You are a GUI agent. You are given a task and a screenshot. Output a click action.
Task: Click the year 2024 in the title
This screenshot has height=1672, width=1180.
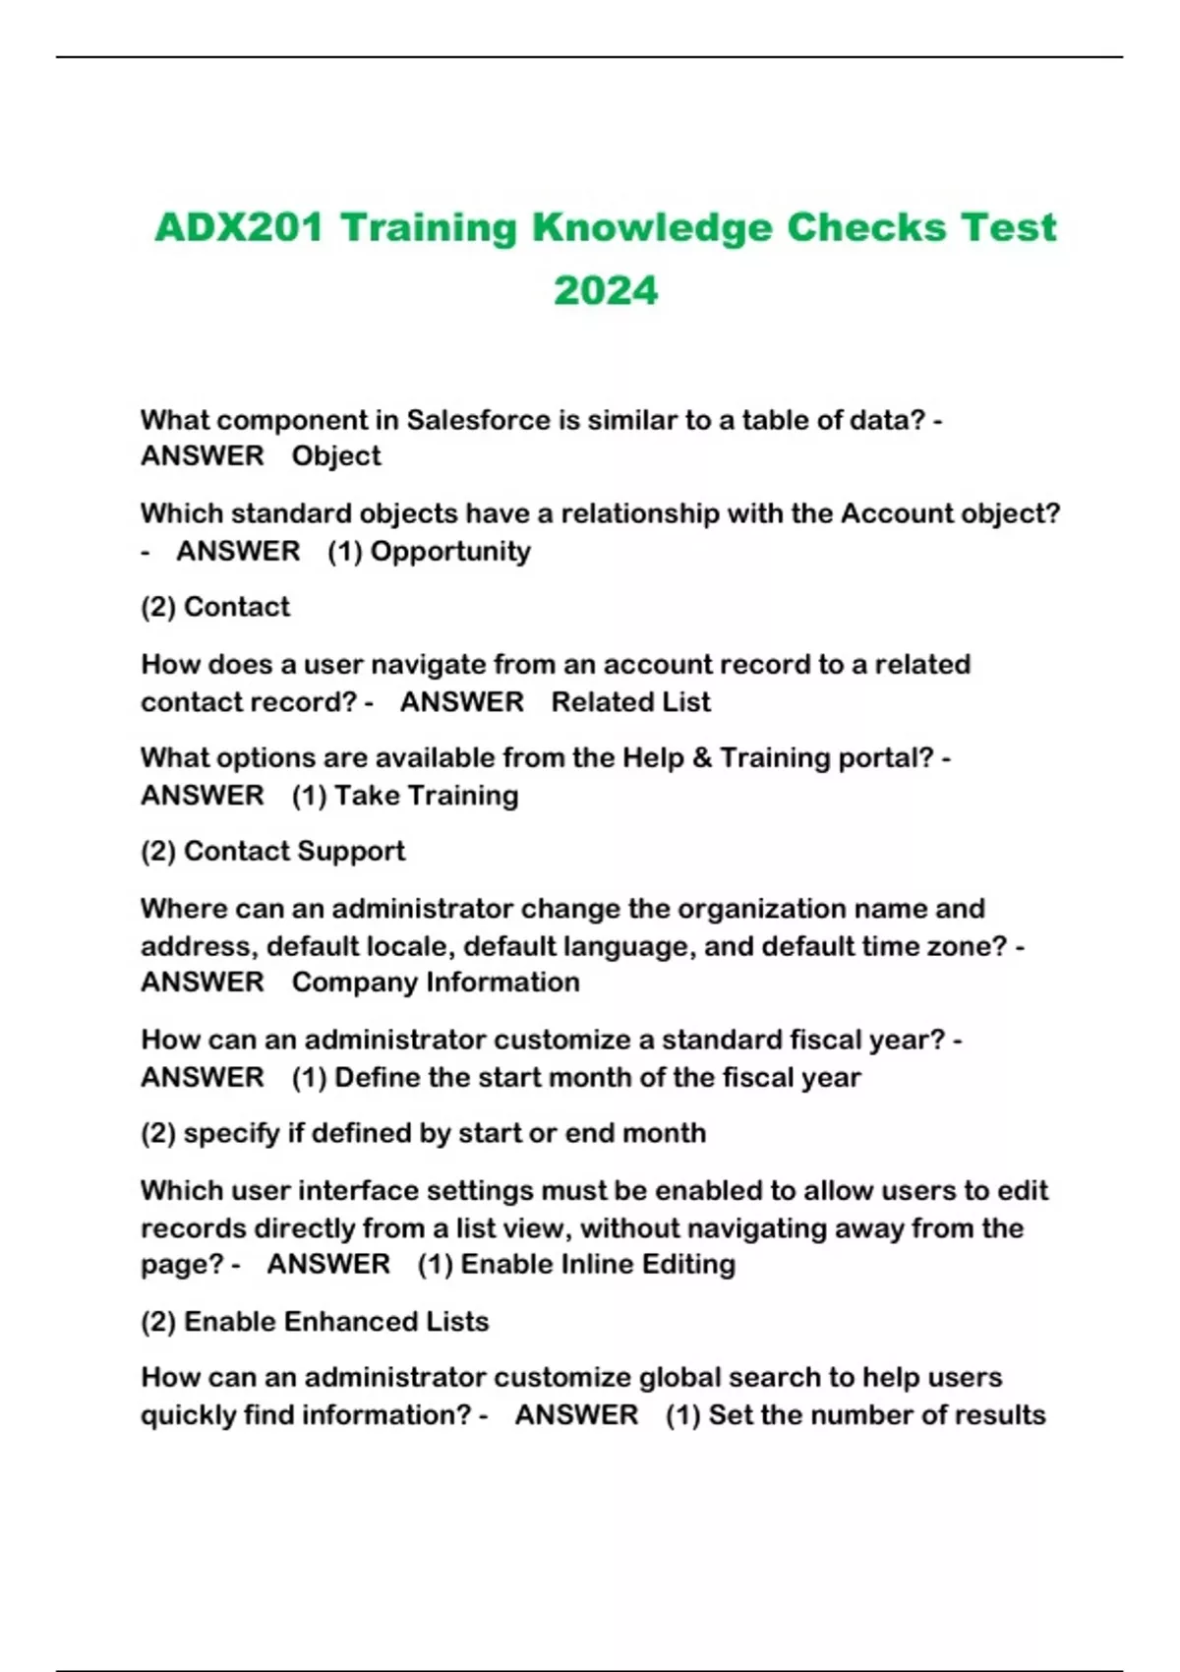point(605,290)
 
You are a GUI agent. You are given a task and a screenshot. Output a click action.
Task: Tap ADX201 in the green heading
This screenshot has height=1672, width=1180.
point(239,227)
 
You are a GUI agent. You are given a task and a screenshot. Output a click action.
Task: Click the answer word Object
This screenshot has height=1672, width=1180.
point(336,456)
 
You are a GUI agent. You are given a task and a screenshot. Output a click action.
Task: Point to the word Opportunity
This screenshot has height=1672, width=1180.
point(450,551)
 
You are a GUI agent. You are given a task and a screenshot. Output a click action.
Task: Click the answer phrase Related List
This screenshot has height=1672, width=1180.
point(630,702)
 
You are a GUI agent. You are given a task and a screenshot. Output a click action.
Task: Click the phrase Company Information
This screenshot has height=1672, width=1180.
point(436,983)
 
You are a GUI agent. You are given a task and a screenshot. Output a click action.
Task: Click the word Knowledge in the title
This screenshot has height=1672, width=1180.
point(652,227)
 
